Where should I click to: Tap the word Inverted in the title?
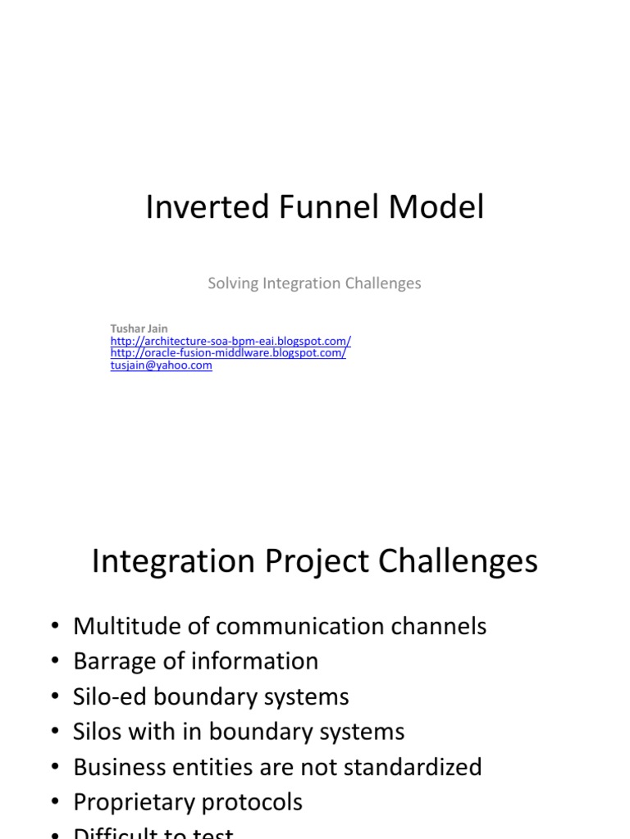click(197, 208)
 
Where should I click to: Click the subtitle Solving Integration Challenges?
click(314, 283)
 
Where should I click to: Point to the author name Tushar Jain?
click(139, 329)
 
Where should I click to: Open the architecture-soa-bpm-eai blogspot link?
click(231, 341)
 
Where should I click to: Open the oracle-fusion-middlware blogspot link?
click(228, 353)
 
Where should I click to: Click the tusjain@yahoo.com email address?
click(161, 365)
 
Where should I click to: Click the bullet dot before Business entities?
click(55, 768)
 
